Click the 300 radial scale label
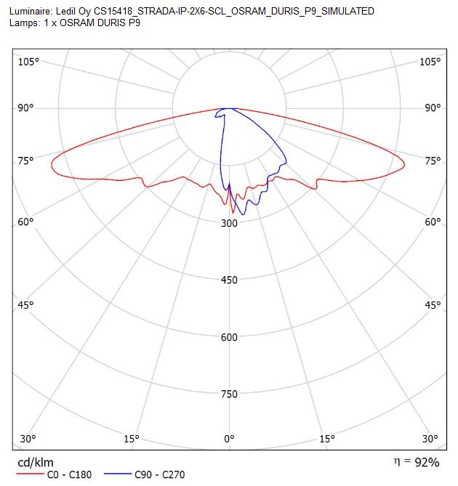tap(229, 223)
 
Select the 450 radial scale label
tap(229, 280)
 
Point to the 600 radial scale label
tap(229, 337)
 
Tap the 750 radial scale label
tap(229, 394)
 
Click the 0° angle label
tap(229, 439)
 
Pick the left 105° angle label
tap(28, 62)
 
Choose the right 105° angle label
tap(430, 62)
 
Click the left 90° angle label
tap(25, 108)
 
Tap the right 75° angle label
tap(433, 161)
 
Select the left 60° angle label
tap(25, 222)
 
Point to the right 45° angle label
tap(433, 305)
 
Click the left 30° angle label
tap(28, 439)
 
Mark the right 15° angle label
tap(327, 439)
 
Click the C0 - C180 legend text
tap(70, 474)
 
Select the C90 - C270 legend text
tap(160, 474)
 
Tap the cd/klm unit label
tap(36, 463)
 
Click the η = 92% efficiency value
tap(417, 462)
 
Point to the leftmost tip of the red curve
tap(52, 164)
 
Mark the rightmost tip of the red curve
tap(404, 165)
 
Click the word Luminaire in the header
tap(31, 12)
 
